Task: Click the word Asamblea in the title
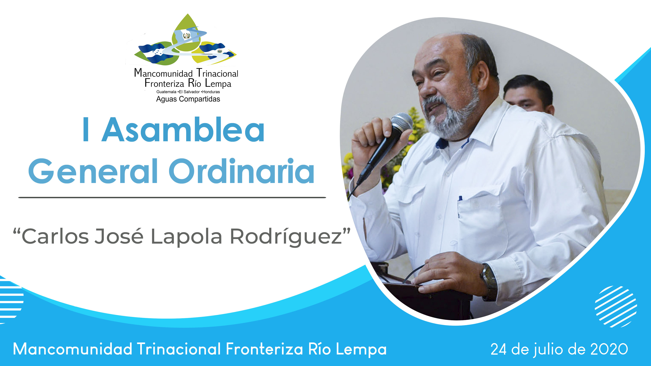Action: [x=183, y=129]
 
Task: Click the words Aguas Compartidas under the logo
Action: [x=188, y=99]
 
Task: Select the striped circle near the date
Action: [x=616, y=306]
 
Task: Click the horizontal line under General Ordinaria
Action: [x=172, y=197]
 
